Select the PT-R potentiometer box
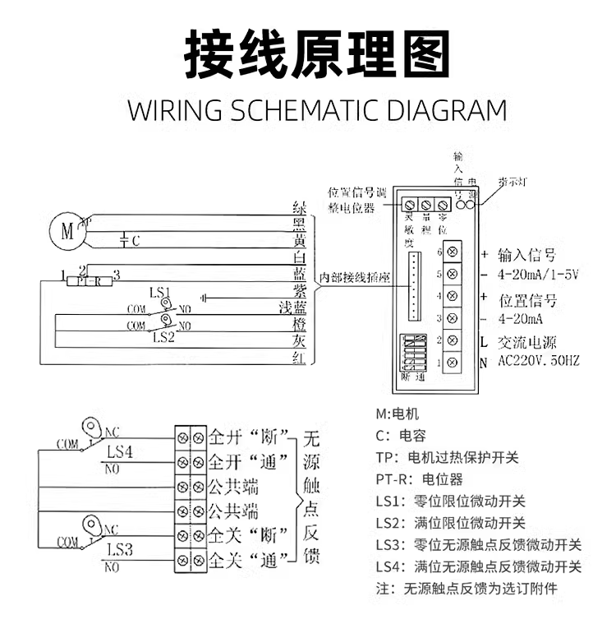[x=90, y=282]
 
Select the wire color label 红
[x=301, y=358]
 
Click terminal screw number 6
[x=452, y=251]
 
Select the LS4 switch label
[x=119, y=451]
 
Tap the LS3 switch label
[x=119, y=549]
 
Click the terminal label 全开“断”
[x=250, y=435]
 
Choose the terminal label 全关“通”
[x=250, y=562]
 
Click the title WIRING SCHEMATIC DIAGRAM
[x=317, y=110]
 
